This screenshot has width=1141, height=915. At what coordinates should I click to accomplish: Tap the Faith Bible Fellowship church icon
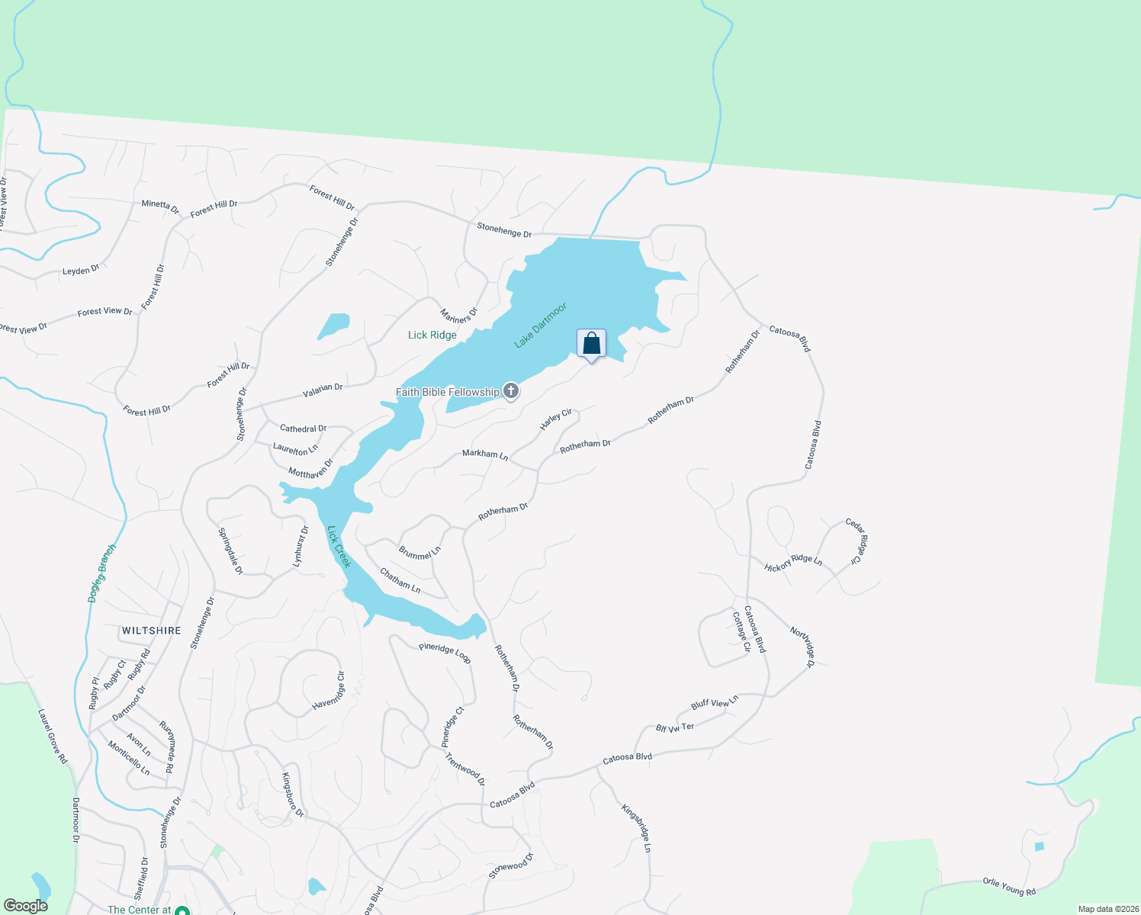coord(511,392)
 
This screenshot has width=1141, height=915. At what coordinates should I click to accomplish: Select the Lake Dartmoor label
coord(541,326)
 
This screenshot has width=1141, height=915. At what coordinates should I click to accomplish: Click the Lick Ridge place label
coord(432,335)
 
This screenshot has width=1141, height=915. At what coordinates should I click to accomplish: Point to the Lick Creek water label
coord(339,547)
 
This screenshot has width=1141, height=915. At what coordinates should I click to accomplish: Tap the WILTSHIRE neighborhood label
coord(152,631)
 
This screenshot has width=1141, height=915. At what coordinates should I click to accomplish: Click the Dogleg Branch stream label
coord(102,573)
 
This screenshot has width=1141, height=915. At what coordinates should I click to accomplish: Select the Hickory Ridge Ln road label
coord(793,563)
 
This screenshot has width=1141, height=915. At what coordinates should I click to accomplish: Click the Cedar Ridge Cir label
coord(853,541)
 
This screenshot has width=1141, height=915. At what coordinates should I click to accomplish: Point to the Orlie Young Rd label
coord(1009,887)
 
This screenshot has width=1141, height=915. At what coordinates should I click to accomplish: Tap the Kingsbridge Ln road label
coord(636,828)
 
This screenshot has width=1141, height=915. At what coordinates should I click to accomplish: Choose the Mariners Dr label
coord(458,314)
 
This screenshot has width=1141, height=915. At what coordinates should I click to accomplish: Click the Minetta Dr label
coord(160,207)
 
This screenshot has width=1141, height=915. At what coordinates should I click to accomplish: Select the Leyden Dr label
coord(81,271)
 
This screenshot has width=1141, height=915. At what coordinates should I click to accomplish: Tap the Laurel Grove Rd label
coord(53,737)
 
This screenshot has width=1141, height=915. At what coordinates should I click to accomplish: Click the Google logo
coord(25,906)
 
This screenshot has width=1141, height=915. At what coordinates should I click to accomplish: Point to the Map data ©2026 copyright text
coord(1107,909)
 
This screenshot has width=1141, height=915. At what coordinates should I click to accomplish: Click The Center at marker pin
coord(182,910)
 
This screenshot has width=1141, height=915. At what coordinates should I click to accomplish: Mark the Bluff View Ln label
coord(715,702)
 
